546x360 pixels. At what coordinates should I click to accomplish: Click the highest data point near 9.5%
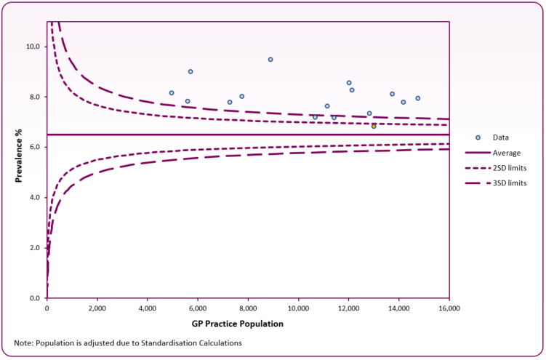click(x=270, y=60)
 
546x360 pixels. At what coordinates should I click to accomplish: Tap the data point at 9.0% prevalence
click(x=190, y=71)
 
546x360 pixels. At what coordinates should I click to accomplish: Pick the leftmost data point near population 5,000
click(x=172, y=93)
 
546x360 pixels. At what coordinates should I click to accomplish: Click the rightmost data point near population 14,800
click(x=418, y=98)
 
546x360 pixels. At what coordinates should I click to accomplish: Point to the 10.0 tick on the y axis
click(x=33, y=47)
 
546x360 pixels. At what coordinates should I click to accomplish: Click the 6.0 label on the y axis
click(x=34, y=148)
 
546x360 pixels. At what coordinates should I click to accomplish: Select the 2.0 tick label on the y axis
click(x=34, y=248)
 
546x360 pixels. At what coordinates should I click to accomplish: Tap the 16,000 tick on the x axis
click(x=449, y=308)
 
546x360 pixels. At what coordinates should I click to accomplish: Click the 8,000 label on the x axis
click(x=248, y=308)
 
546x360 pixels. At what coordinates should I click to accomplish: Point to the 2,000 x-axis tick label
click(x=97, y=308)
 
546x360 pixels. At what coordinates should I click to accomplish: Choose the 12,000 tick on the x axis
click(x=348, y=308)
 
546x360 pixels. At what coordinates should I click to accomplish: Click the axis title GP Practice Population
click(x=248, y=323)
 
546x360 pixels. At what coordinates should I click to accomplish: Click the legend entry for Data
click(x=501, y=137)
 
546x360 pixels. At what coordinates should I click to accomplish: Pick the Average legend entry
click(x=507, y=153)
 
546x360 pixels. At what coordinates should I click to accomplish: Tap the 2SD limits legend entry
click(x=510, y=168)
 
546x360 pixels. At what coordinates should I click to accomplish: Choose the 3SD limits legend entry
click(x=510, y=183)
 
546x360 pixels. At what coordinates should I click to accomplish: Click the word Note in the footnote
click(x=23, y=343)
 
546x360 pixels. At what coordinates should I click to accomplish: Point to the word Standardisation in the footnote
click(x=166, y=343)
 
